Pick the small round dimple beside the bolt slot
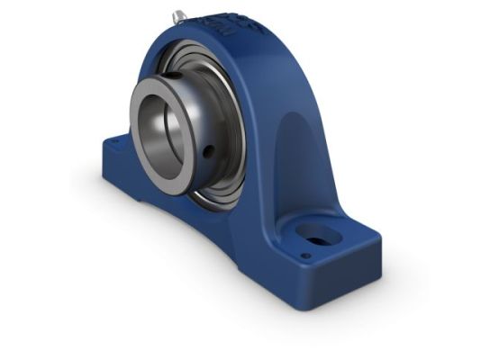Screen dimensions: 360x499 [x=307, y=256]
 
